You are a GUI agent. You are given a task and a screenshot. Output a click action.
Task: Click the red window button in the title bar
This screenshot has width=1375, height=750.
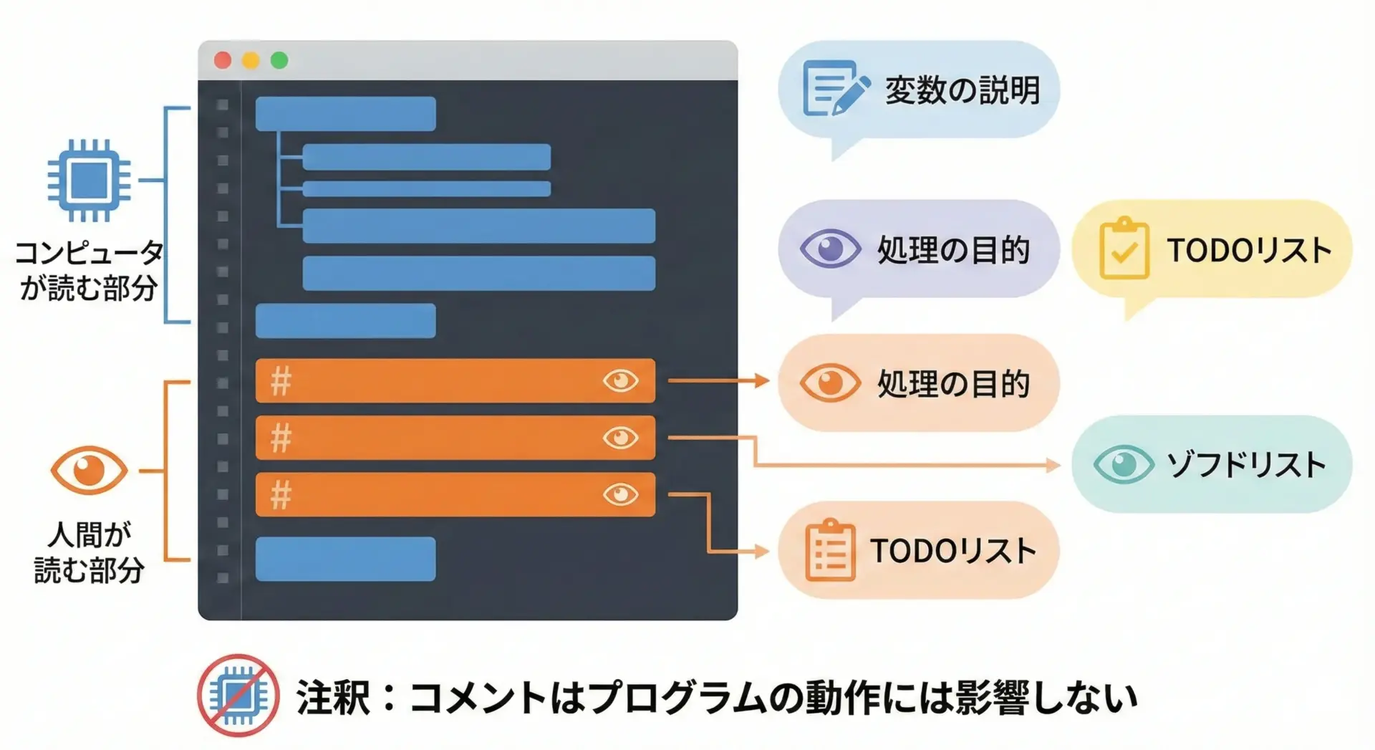pyautogui.click(x=223, y=60)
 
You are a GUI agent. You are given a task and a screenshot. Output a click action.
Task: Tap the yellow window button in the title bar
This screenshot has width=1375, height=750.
pyautogui.click(x=251, y=60)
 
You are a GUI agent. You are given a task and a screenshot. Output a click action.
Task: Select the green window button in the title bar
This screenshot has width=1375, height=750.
pyautogui.click(x=279, y=60)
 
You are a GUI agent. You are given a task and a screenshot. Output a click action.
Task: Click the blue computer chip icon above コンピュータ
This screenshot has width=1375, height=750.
pyautogui.click(x=89, y=180)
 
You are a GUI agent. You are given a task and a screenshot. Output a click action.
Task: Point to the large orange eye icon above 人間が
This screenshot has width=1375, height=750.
pyautogui.click(x=89, y=471)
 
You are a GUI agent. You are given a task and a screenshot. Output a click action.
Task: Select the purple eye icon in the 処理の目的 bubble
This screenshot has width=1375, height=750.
pyautogui.click(x=830, y=249)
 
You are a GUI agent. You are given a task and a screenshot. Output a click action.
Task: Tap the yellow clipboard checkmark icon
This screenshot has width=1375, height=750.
pyautogui.click(x=1124, y=248)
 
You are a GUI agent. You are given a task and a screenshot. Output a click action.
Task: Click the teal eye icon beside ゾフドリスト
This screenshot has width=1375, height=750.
pyautogui.click(x=1124, y=464)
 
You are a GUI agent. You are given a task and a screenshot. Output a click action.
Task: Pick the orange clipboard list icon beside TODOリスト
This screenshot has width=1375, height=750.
pyautogui.click(x=830, y=549)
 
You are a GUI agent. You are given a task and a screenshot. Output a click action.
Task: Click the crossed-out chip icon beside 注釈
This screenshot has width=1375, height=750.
pyautogui.click(x=238, y=695)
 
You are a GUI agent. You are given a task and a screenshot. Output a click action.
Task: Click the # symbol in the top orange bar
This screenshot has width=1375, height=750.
pyautogui.click(x=281, y=381)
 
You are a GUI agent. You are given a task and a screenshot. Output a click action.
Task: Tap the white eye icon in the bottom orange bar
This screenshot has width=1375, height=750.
pyautogui.click(x=620, y=494)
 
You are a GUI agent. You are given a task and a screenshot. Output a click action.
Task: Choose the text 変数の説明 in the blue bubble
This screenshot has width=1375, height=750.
pyautogui.click(x=962, y=90)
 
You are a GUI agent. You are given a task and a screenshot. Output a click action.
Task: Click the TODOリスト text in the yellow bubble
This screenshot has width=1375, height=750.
pyautogui.click(x=1249, y=250)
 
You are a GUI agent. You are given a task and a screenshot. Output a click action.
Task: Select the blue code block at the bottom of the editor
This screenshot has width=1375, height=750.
pyautogui.click(x=345, y=559)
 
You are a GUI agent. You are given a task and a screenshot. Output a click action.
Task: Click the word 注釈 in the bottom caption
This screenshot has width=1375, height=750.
pyautogui.click(x=332, y=697)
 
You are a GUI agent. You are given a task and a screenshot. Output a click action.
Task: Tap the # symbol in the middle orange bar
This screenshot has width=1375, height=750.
pyautogui.click(x=281, y=438)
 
